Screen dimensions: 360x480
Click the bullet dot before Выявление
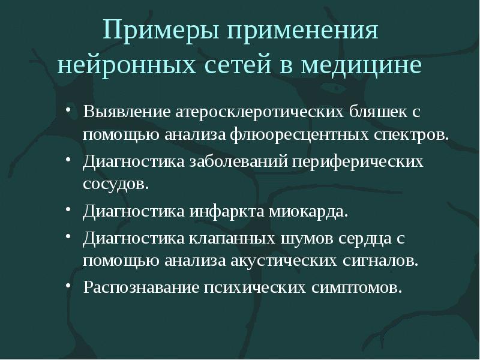(71, 112)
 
